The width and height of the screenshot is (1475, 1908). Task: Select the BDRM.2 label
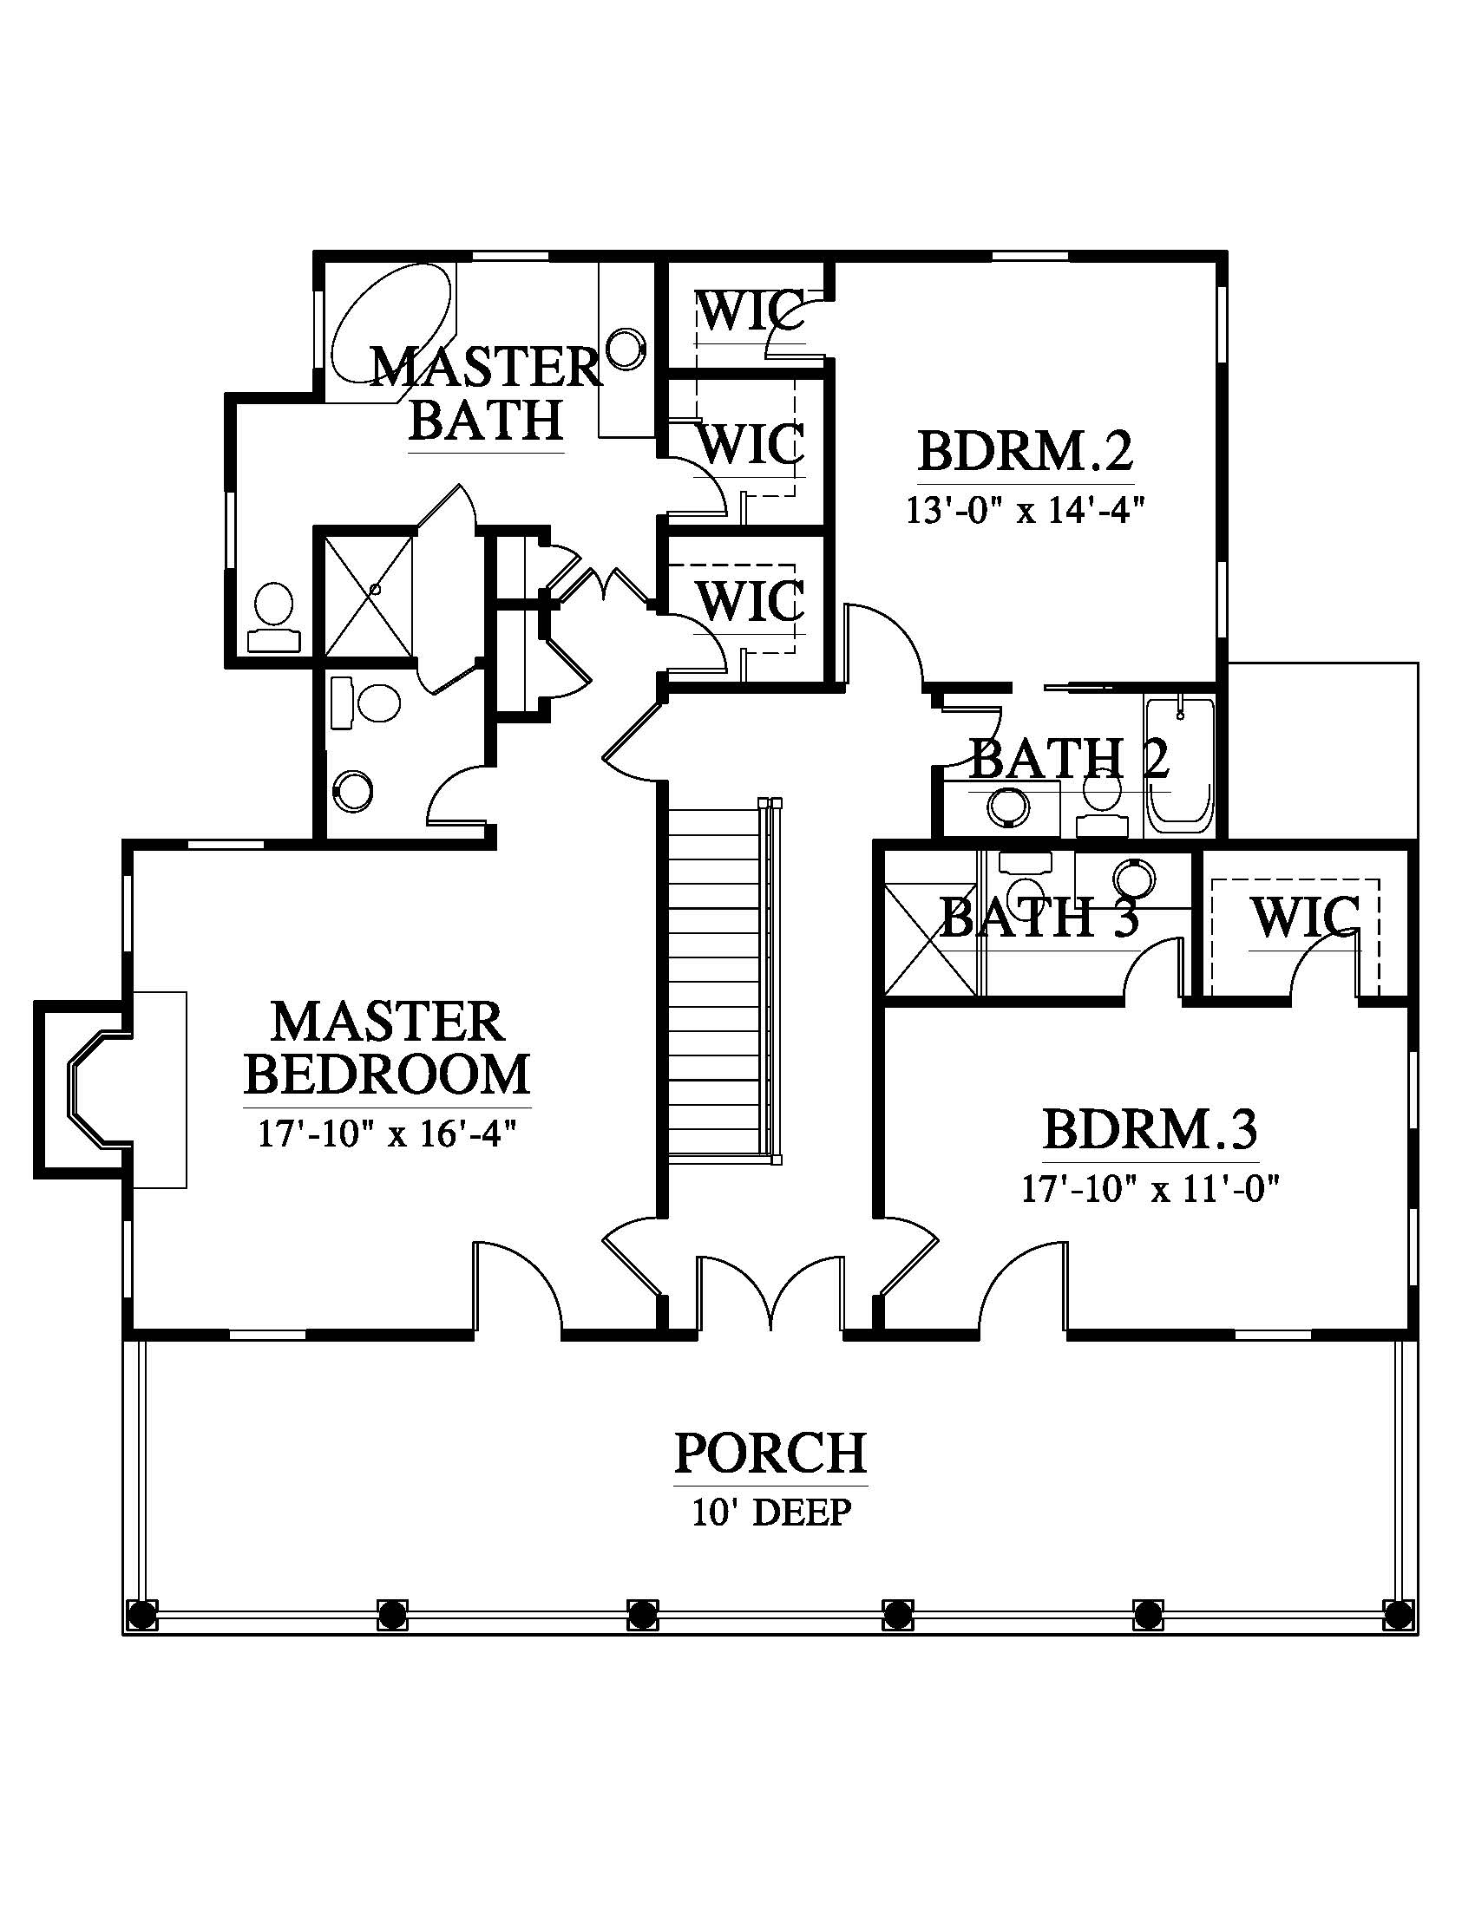click(1025, 452)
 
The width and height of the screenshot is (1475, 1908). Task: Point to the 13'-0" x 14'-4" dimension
click(1025, 509)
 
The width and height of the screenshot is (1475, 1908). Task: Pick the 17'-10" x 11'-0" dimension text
click(1150, 1188)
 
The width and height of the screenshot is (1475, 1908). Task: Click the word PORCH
click(770, 1453)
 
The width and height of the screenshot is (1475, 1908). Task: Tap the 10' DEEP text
click(770, 1512)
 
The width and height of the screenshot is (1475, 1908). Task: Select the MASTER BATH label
click(486, 393)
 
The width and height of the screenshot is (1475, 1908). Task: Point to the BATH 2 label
click(1068, 758)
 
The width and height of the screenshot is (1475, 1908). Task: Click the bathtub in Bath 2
click(1180, 765)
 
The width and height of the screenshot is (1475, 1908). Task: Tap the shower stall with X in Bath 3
click(931, 939)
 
